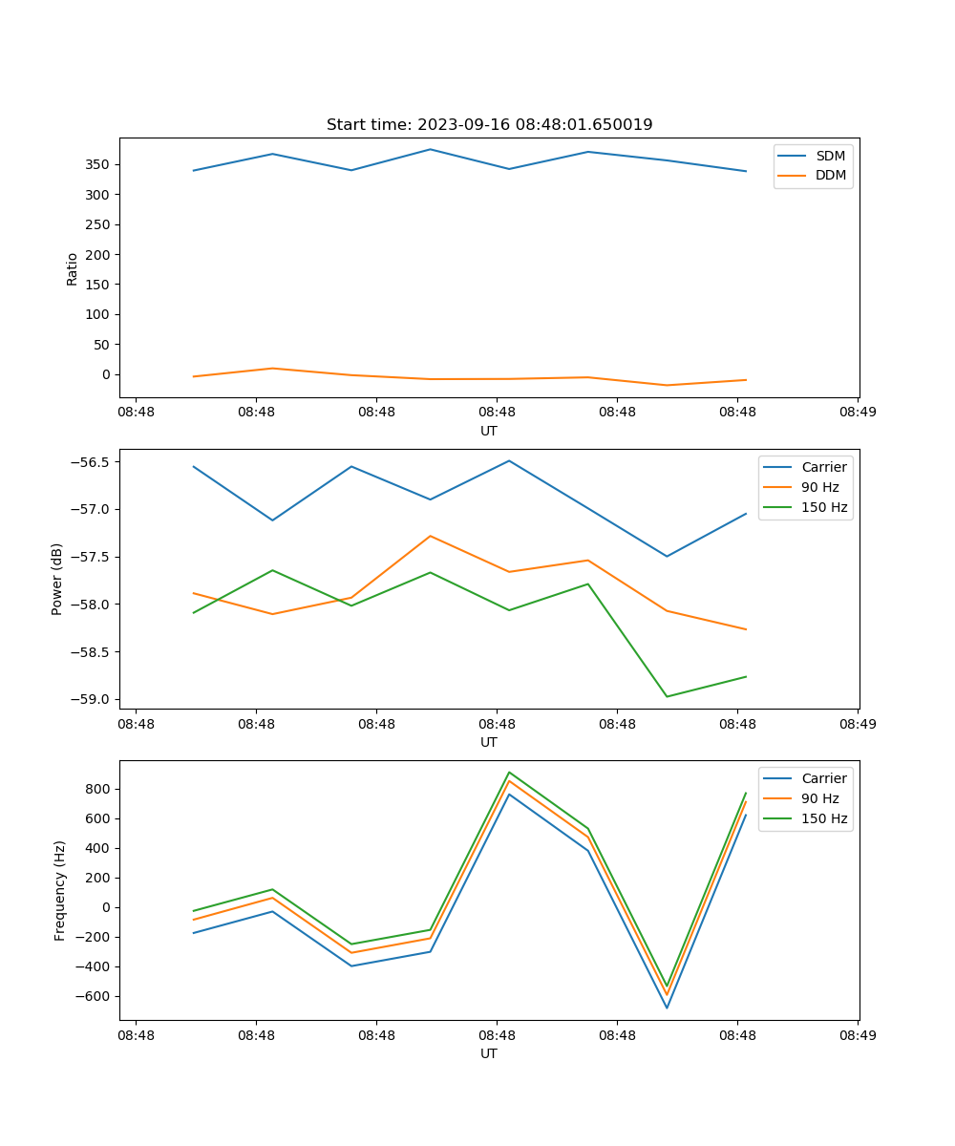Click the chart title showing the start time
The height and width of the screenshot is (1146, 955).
489,125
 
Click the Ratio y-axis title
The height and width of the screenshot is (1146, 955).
73,268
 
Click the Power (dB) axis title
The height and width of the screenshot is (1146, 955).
57,579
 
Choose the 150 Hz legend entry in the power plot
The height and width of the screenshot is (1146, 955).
824,507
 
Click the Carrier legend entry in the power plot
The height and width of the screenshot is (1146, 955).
823,467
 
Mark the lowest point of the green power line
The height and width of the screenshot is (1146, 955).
667,696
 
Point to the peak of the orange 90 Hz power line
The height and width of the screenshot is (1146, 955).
431,536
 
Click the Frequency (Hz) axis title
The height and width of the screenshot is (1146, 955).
60,890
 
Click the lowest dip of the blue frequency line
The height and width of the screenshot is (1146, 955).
667,1008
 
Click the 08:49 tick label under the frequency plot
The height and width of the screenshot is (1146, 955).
858,1034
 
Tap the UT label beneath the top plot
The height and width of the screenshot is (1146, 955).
489,431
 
